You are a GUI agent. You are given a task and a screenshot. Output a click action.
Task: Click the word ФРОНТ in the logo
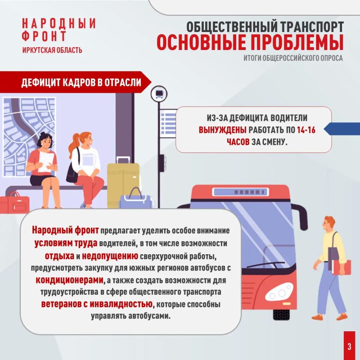(44, 36)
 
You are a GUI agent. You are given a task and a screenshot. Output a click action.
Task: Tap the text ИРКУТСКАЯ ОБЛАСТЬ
(52, 50)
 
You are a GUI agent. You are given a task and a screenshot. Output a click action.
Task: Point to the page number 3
(349, 346)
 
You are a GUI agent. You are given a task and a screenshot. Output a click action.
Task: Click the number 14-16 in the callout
(306, 130)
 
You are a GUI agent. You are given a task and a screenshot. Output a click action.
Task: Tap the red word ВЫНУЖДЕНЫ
(222, 130)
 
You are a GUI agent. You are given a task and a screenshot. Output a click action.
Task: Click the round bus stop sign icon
(159, 94)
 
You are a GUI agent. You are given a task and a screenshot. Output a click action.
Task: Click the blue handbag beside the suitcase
(135, 199)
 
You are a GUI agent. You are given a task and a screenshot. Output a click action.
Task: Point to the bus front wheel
(282, 315)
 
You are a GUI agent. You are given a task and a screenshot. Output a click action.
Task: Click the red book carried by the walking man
(342, 267)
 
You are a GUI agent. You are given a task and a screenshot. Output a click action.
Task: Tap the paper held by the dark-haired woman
(46, 162)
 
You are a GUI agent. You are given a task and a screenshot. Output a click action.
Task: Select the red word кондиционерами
(69, 280)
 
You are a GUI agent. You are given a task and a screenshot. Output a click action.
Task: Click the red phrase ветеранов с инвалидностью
(97, 304)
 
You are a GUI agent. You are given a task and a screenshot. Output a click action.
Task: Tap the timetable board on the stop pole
(168, 123)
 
